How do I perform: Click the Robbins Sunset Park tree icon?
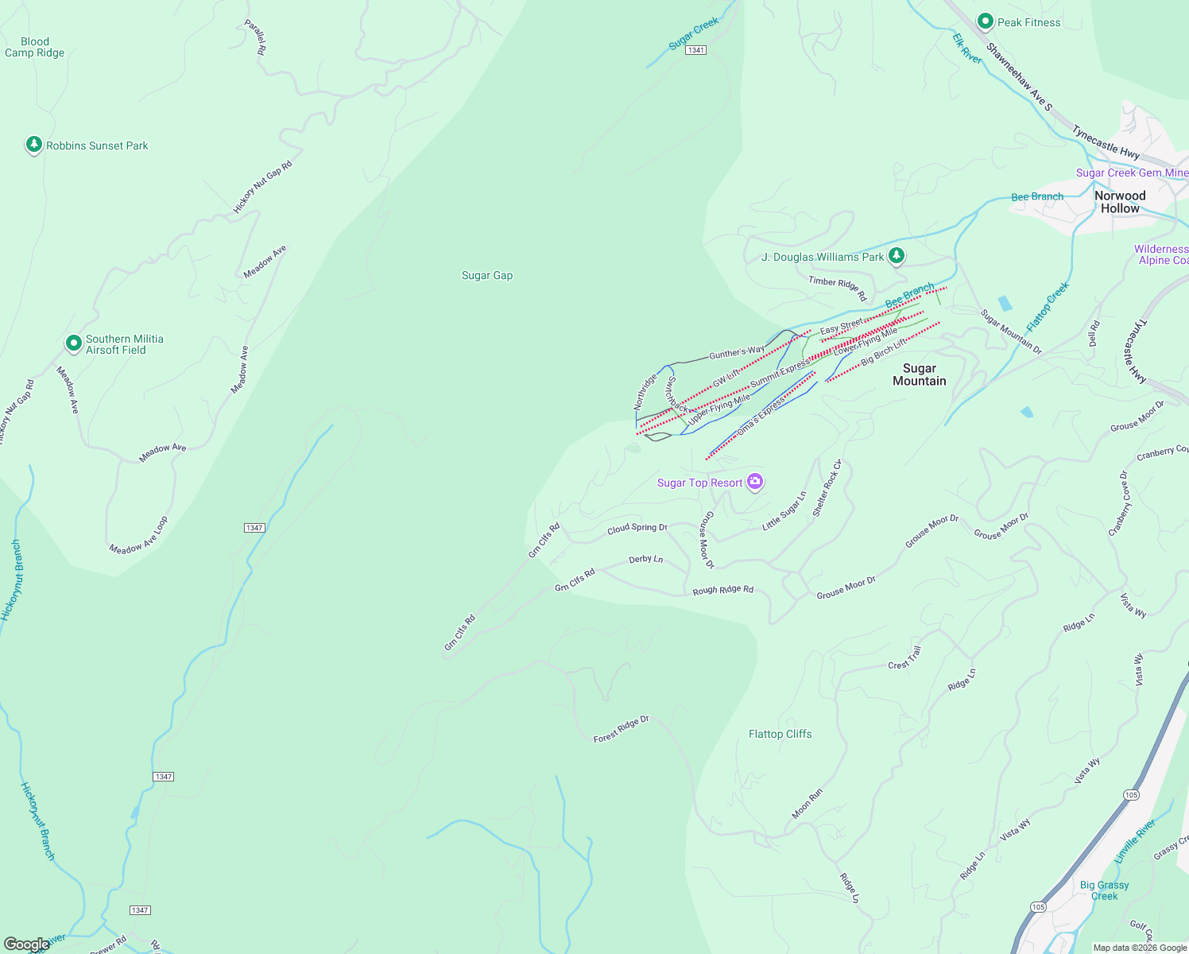33,145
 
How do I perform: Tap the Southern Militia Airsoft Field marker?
73,343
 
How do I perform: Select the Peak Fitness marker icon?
986,21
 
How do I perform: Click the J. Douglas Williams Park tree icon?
897,256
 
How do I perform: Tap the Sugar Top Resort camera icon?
755,482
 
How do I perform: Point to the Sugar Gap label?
487,276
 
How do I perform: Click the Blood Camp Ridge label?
34,48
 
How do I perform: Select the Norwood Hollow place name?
1120,202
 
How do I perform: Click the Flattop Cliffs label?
780,735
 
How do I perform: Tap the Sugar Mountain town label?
919,374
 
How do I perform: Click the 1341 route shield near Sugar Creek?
696,50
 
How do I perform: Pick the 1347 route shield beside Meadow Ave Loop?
254,528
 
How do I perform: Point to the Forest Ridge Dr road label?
621,729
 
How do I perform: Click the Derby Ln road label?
645,560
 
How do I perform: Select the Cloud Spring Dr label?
637,528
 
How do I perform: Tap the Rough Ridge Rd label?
722,590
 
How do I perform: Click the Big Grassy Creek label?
1104,890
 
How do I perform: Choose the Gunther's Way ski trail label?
736,352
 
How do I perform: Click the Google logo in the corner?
26,944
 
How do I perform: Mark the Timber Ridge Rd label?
838,287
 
